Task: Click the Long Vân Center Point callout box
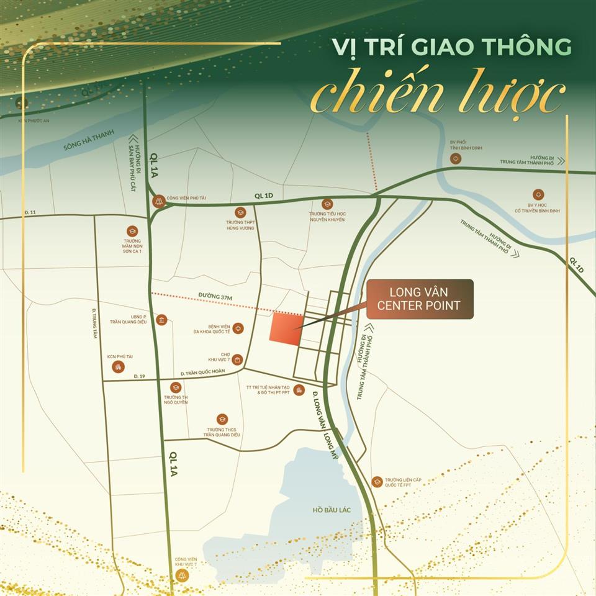pyautogui.click(x=420, y=299)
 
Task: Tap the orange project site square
pyautogui.click(x=286, y=327)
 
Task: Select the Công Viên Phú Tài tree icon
pyautogui.click(x=160, y=201)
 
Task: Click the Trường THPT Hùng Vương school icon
pyautogui.click(x=240, y=212)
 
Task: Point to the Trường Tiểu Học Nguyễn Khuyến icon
pyautogui.click(x=327, y=204)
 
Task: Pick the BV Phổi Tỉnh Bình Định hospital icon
pyautogui.click(x=456, y=159)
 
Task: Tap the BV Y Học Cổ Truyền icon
pyautogui.click(x=538, y=194)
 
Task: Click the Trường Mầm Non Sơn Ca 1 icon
pyautogui.click(x=132, y=230)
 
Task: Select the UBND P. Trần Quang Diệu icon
pyautogui.click(x=162, y=320)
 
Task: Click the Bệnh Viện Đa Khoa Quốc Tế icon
pyautogui.click(x=238, y=328)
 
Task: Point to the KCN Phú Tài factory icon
pyautogui.click(x=118, y=367)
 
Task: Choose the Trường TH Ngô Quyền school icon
pyautogui.click(x=176, y=387)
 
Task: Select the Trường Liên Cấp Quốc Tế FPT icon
pyautogui.click(x=377, y=482)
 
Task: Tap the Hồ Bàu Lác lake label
pyautogui.click(x=332, y=510)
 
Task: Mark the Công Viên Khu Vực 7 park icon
pyautogui.click(x=182, y=575)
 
